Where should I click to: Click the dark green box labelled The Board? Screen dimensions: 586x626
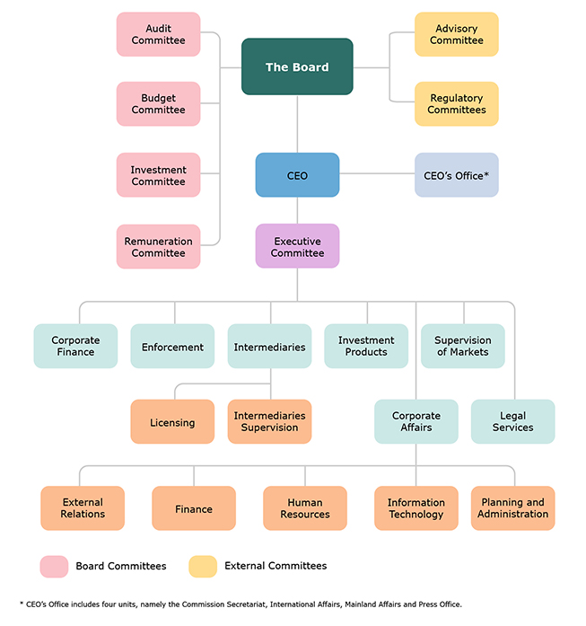297,66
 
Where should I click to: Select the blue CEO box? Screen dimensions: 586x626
297,175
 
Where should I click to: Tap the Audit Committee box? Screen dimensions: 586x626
158,34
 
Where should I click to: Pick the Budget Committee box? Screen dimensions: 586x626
158,104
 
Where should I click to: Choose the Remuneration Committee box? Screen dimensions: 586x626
158,246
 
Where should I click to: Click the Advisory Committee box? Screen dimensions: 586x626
457,34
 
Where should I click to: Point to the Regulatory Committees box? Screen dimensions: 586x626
457,104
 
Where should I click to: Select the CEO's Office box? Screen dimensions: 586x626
457,175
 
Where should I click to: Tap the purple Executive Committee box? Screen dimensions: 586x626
297,246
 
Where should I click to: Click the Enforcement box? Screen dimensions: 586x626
172,346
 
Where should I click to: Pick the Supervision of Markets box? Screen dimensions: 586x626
463,346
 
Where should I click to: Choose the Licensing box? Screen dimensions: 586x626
172,421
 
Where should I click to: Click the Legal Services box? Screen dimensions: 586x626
513,421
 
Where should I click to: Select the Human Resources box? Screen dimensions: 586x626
305,508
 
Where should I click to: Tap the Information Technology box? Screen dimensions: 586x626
416,508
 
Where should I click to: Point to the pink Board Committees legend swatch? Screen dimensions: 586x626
54,567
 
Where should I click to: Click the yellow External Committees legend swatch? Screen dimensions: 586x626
203,567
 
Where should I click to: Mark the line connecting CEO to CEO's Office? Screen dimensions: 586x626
377,173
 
